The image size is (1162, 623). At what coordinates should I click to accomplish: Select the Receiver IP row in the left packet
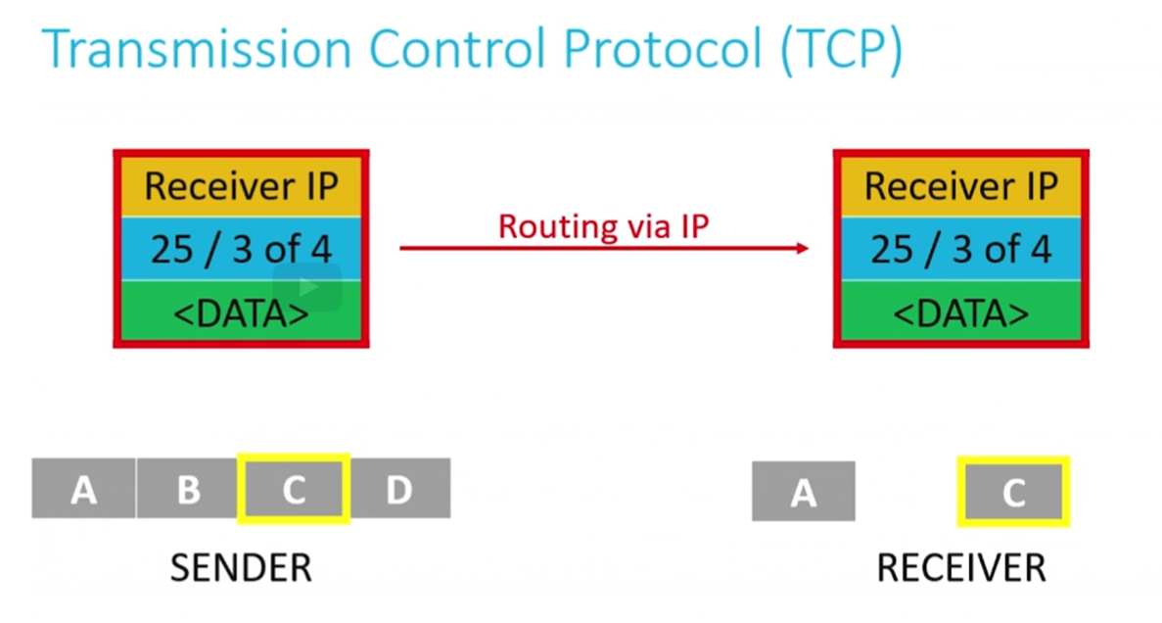[241, 186]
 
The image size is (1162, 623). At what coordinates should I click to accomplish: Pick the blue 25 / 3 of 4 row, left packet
[241, 249]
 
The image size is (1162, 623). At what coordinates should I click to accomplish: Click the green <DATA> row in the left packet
[241, 311]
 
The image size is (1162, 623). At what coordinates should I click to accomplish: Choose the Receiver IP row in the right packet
[961, 186]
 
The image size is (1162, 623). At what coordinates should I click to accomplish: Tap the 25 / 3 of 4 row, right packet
[961, 249]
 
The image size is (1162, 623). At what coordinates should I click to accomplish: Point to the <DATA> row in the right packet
[961, 311]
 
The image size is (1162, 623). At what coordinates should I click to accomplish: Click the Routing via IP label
[603, 226]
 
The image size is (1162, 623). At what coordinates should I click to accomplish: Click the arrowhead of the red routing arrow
[804, 248]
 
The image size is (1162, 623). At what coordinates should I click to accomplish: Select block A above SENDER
[84, 488]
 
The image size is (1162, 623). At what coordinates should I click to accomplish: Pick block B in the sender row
[188, 488]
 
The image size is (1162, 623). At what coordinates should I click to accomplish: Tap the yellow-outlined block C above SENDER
[294, 489]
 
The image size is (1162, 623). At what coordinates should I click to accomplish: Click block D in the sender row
[400, 488]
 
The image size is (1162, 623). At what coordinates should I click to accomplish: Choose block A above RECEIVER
[804, 491]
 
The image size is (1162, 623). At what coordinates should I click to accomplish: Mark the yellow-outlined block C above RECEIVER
[1013, 492]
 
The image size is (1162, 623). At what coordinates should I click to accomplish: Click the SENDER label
[241, 568]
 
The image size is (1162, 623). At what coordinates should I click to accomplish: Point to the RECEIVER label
[961, 568]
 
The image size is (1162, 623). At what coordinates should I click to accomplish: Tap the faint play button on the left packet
[307, 287]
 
